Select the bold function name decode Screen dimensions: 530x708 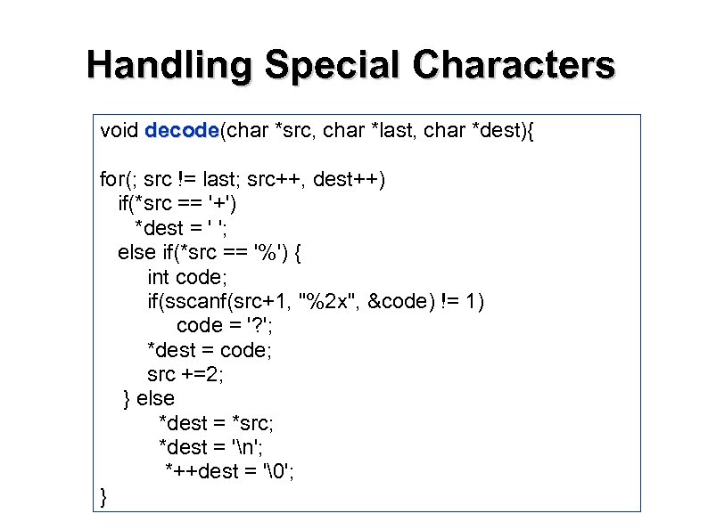182,131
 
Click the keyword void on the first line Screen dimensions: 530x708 119,131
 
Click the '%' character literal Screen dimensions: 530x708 267,252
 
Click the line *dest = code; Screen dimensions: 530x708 210,349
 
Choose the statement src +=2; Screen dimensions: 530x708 185,374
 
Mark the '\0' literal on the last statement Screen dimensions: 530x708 280,471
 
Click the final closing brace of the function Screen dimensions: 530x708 104,496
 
